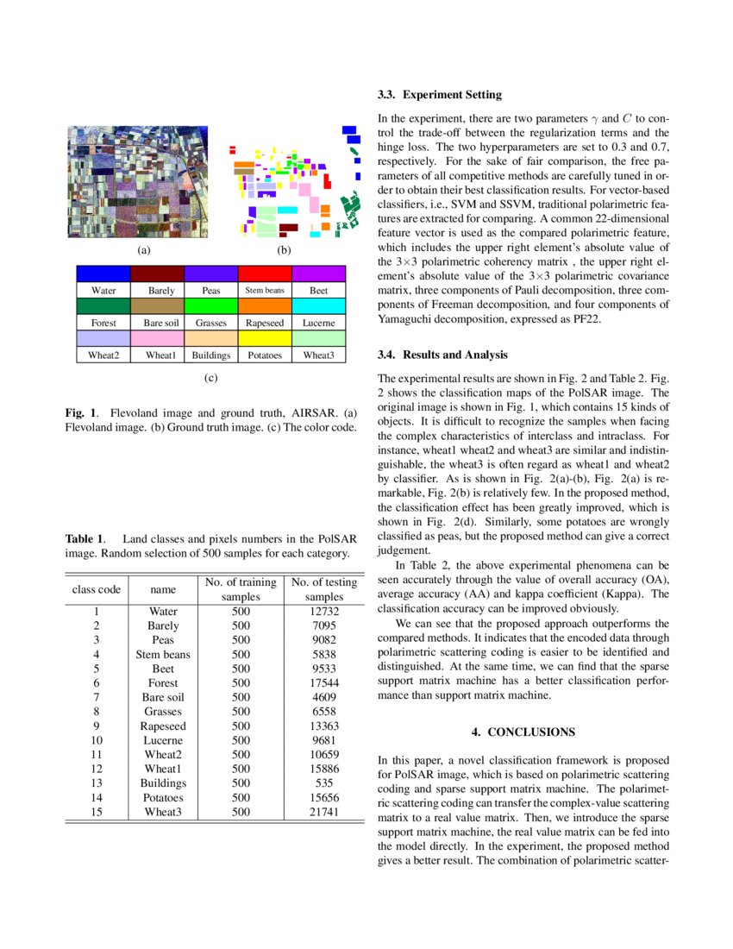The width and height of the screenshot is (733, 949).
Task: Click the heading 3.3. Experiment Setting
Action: (440, 95)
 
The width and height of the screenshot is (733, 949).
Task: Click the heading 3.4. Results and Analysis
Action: (443, 355)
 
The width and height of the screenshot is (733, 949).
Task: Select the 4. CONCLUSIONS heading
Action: (523, 732)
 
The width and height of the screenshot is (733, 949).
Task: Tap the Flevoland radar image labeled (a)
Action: (139, 181)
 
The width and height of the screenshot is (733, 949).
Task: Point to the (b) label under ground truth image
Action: (282, 250)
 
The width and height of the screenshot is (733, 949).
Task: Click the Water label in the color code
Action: (103, 291)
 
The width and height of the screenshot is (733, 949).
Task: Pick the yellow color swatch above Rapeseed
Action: (265, 306)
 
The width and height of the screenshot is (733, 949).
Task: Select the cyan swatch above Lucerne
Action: (318, 306)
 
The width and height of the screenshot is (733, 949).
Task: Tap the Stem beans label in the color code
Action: (265, 291)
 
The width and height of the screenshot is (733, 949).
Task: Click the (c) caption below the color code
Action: (210, 378)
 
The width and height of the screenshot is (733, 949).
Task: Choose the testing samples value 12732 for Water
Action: (324, 611)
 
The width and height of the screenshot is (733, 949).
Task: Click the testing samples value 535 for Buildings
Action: (324, 783)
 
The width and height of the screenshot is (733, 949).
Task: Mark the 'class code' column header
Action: (97, 590)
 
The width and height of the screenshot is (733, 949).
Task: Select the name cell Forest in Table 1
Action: (163, 682)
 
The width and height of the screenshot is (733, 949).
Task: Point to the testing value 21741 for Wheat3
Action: (324, 812)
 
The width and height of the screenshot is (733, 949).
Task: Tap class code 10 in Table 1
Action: (97, 740)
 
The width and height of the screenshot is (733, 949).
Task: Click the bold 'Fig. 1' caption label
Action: (80, 412)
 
